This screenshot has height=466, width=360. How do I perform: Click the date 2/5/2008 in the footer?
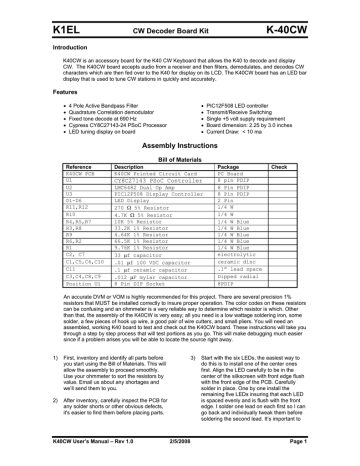179,455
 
